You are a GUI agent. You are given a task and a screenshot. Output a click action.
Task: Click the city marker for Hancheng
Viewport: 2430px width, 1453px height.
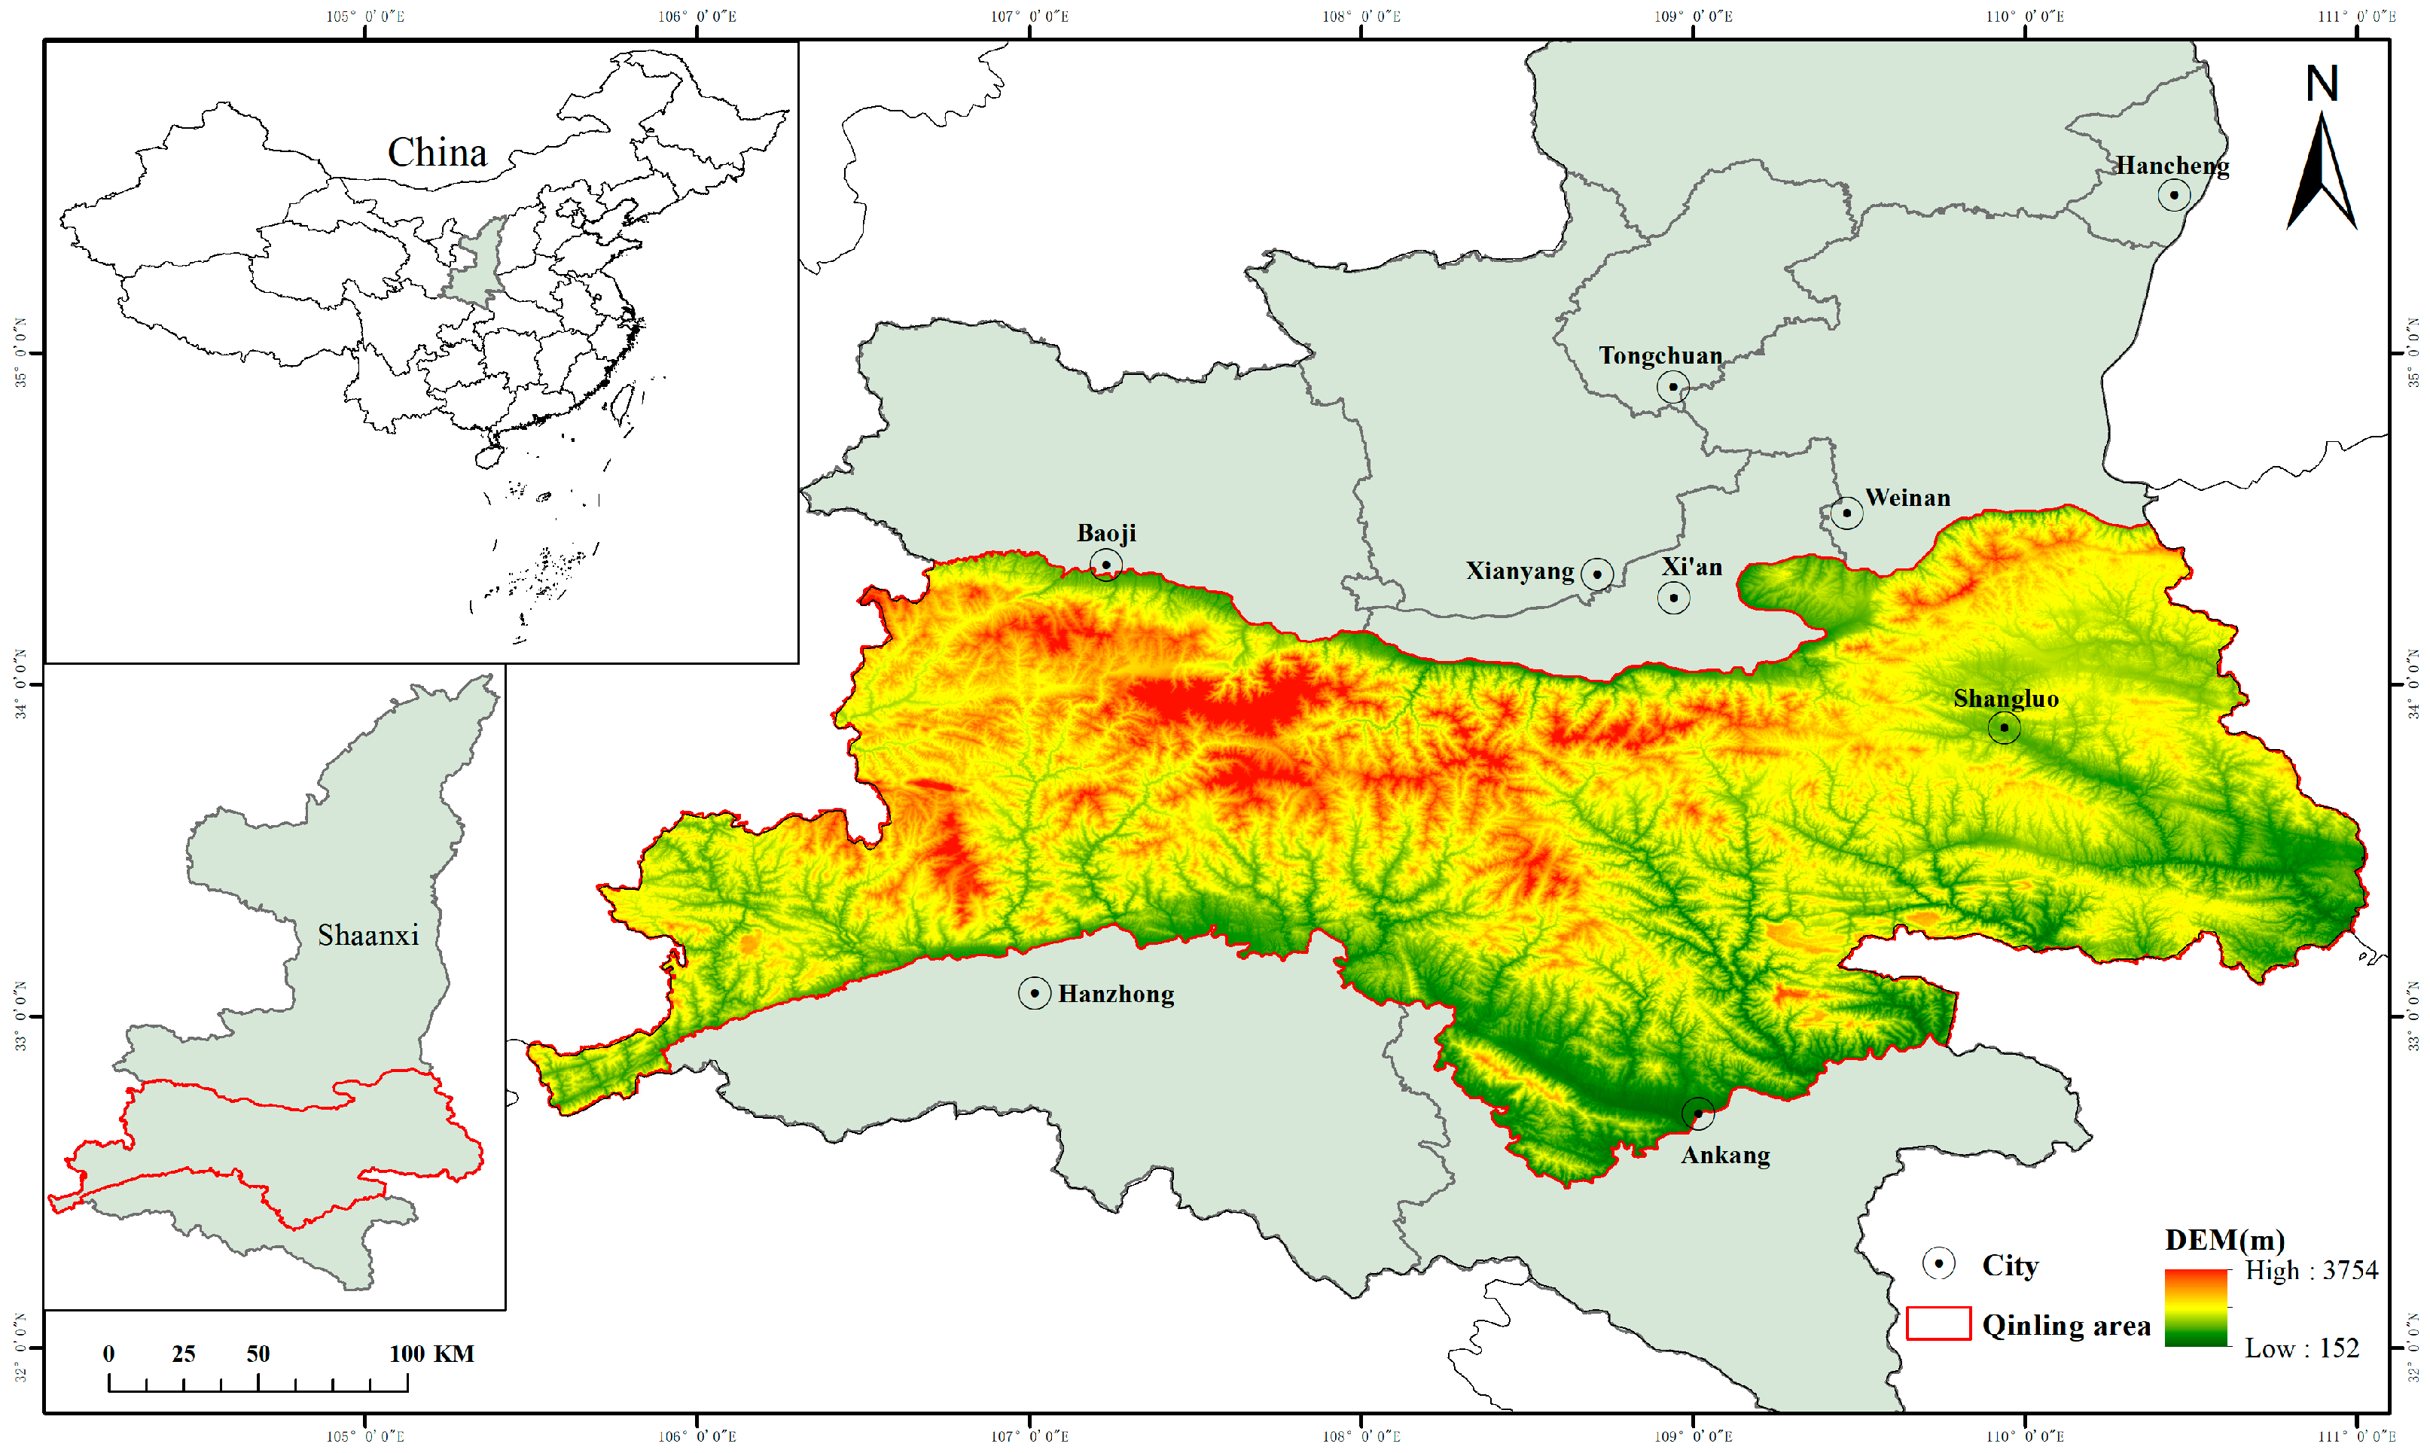[x=2173, y=195]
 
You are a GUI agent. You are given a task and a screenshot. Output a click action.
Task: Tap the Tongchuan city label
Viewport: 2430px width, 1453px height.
[x=1660, y=355]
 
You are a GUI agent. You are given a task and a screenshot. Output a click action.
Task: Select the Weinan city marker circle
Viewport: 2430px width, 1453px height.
[x=1846, y=512]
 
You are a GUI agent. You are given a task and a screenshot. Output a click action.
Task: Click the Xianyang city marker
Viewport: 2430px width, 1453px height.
[x=1597, y=574]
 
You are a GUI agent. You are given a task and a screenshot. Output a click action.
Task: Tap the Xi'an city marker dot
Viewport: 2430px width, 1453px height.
[x=1673, y=597]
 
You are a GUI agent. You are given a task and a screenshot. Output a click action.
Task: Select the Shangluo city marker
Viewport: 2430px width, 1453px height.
[x=2004, y=727]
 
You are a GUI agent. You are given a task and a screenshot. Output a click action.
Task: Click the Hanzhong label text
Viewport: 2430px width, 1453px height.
[x=1116, y=994]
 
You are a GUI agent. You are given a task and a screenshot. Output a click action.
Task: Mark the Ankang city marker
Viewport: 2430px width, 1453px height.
[x=1697, y=1113]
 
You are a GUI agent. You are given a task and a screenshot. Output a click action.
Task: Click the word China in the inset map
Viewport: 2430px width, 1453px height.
[x=437, y=153]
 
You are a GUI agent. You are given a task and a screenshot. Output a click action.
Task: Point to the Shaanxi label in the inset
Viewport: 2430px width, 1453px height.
[x=368, y=935]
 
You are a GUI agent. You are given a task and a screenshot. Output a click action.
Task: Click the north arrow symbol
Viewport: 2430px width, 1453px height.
[x=2322, y=176]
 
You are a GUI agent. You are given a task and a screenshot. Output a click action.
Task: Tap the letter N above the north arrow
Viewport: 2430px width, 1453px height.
[x=2322, y=84]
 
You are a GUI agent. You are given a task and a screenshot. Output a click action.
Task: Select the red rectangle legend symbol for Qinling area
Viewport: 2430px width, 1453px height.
[x=1938, y=1323]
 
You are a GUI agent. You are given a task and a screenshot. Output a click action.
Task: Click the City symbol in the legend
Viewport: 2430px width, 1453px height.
[x=1938, y=1263]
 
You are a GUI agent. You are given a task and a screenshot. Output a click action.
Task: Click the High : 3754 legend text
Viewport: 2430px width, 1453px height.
[x=2310, y=1270]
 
